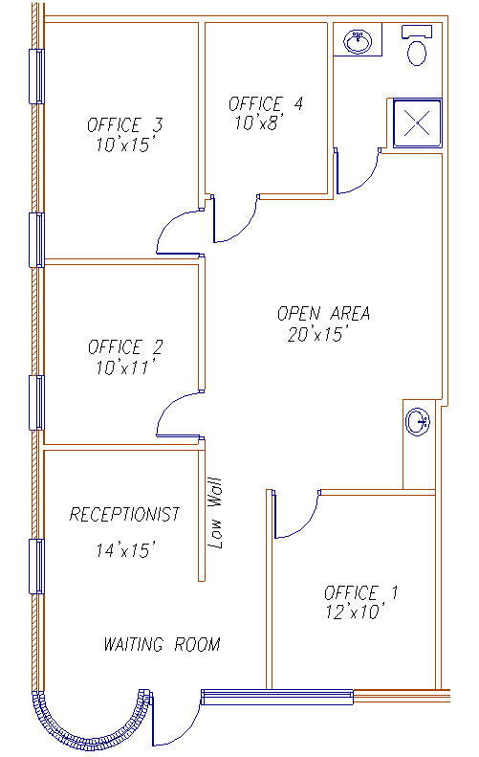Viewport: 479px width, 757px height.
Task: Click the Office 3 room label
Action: coord(125,125)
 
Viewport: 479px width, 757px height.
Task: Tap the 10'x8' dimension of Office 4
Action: coord(258,122)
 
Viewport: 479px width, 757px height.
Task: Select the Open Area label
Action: coord(324,313)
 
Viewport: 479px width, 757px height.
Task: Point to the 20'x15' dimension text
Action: coord(317,334)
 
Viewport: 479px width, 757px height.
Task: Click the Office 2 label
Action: coord(125,346)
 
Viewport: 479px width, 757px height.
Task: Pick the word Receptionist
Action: coord(125,514)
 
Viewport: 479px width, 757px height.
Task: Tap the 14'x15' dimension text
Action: coord(125,549)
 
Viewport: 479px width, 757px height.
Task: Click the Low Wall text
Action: coord(215,513)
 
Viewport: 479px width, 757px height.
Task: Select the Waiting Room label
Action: coord(163,644)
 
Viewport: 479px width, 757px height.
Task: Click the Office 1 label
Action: coord(360,592)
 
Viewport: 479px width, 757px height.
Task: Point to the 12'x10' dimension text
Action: coord(356,612)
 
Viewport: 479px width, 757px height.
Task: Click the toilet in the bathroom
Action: coord(417,46)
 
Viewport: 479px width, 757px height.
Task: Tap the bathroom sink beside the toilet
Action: coord(358,41)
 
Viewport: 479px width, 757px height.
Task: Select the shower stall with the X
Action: coord(417,123)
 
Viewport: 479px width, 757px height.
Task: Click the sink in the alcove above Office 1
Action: coord(418,422)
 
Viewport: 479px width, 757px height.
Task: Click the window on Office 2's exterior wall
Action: coord(36,403)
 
